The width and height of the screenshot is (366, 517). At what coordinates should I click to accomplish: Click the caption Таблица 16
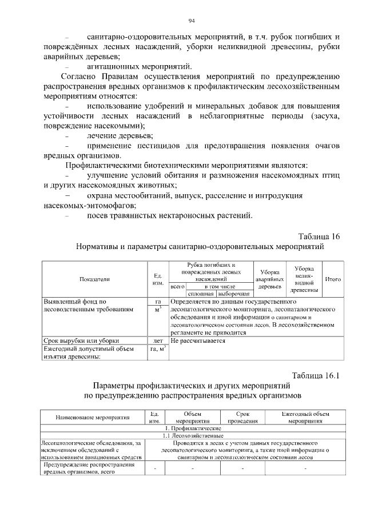(x=319, y=237)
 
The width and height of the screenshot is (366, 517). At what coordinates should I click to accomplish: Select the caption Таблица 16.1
(x=316, y=375)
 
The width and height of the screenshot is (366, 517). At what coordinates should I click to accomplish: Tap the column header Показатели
(x=95, y=279)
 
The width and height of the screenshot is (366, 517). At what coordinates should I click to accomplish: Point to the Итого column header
(x=333, y=279)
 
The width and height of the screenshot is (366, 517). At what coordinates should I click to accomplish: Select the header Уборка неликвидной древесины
(x=304, y=279)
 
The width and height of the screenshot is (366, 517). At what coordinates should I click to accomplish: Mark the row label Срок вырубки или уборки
(x=78, y=341)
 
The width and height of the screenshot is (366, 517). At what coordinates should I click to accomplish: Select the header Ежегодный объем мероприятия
(x=305, y=417)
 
